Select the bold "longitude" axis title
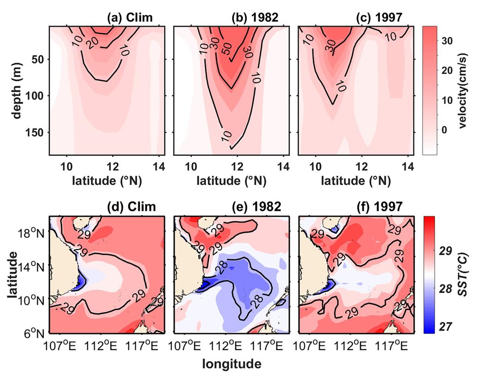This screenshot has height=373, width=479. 232,364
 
